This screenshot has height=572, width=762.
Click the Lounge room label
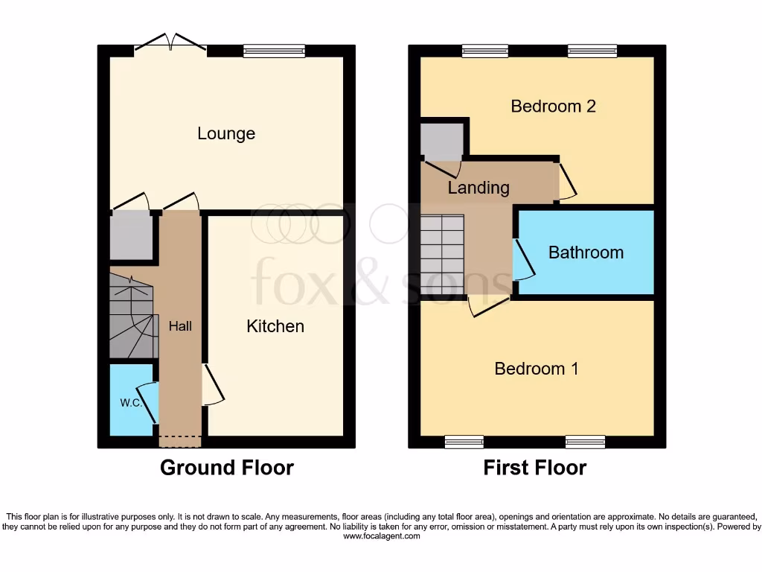(226, 134)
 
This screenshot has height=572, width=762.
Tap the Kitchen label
(275, 326)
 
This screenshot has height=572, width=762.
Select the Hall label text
(180, 326)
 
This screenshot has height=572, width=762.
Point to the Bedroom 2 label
(553, 107)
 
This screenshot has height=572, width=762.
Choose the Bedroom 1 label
(536, 369)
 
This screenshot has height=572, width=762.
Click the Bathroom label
(586, 252)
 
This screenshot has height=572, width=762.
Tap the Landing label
(478, 188)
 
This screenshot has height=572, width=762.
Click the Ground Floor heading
(227, 468)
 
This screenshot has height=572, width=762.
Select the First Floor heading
(535, 468)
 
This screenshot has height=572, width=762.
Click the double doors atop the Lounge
(170, 42)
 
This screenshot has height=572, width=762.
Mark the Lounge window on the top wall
(274, 51)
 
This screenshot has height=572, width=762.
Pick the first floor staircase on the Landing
(442, 255)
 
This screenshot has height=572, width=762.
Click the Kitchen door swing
(212, 385)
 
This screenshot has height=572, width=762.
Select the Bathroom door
(524, 258)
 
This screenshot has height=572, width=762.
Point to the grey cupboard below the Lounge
(132, 236)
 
